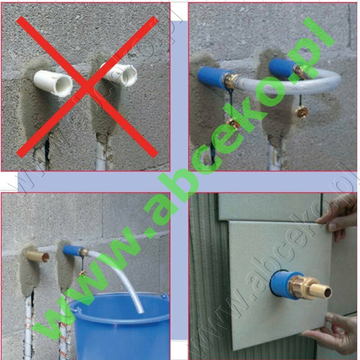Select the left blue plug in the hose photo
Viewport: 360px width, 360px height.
tap(212, 77)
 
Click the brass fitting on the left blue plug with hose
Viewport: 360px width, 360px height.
tap(231, 81)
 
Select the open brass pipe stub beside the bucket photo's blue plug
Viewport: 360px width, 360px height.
tap(38, 256)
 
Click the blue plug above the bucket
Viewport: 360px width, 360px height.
tap(72, 251)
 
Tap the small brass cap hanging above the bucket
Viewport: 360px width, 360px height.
tap(83, 273)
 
